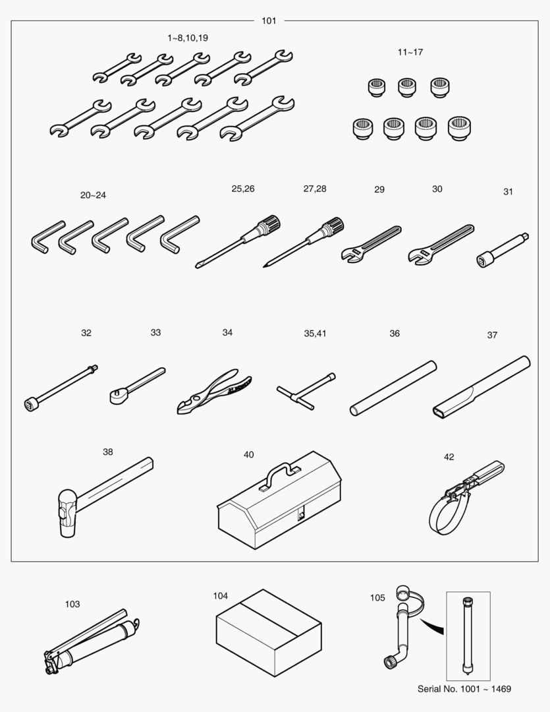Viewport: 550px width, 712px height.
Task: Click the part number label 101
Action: (x=269, y=20)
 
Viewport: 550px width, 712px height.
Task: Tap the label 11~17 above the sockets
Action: (x=410, y=52)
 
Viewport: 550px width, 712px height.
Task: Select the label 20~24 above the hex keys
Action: (x=93, y=195)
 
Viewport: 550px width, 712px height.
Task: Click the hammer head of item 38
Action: (x=67, y=513)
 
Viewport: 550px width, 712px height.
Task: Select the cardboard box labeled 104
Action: (x=269, y=632)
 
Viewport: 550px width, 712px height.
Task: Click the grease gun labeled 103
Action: (x=92, y=641)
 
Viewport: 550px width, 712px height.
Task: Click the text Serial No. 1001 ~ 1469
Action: (x=464, y=689)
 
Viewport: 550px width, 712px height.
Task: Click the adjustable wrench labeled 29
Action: (x=371, y=243)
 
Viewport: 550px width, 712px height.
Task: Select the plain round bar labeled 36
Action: (x=393, y=388)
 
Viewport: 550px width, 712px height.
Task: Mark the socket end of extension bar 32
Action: (x=31, y=403)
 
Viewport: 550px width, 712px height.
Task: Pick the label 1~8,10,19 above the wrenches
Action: (x=188, y=38)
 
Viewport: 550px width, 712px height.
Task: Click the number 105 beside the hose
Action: (x=377, y=597)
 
